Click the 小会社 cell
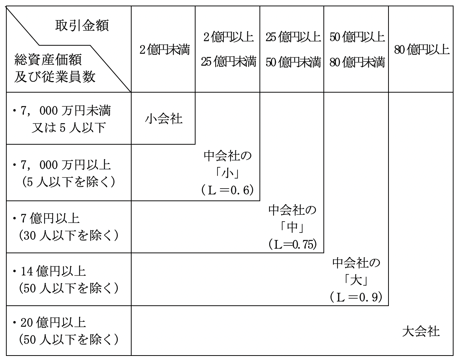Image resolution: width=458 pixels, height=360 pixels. [x=163, y=120]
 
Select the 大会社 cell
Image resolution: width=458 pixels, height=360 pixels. [x=421, y=332]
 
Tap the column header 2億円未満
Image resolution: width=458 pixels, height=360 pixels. [x=164, y=50]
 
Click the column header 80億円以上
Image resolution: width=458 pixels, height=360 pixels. [x=422, y=50]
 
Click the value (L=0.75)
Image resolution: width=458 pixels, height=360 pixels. [x=291, y=244]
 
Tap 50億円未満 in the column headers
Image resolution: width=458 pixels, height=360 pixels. [x=292, y=62]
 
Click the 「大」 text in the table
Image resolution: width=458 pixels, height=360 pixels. [x=356, y=282]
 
